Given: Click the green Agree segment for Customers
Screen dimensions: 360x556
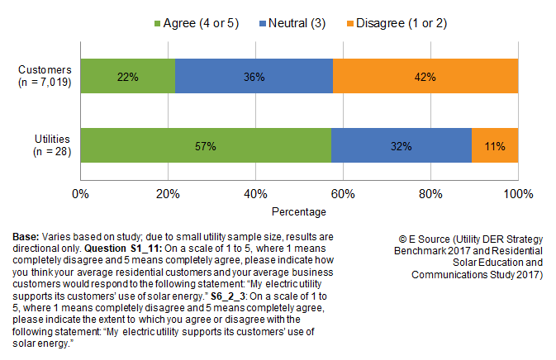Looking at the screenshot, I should (127, 77).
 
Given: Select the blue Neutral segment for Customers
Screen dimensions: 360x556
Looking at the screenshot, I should (254, 77).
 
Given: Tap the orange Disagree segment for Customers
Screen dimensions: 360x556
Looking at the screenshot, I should (425, 77).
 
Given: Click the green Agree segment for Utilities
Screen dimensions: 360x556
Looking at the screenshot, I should (206, 146).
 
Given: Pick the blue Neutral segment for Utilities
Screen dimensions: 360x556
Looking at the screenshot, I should (401, 146).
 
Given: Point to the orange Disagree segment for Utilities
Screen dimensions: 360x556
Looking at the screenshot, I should (495, 146).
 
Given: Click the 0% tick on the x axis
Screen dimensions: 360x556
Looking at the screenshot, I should (81, 193).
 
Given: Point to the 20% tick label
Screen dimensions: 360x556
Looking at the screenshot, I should (169, 193).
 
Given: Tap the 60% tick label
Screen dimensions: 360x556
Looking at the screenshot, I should (343, 193).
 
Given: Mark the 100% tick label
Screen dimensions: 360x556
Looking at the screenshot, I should (518, 193).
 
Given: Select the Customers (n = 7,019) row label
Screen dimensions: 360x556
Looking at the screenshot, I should (41, 77).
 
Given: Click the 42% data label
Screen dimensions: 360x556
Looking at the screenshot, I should (425, 77).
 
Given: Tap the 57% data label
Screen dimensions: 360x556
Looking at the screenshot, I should (206, 146).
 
